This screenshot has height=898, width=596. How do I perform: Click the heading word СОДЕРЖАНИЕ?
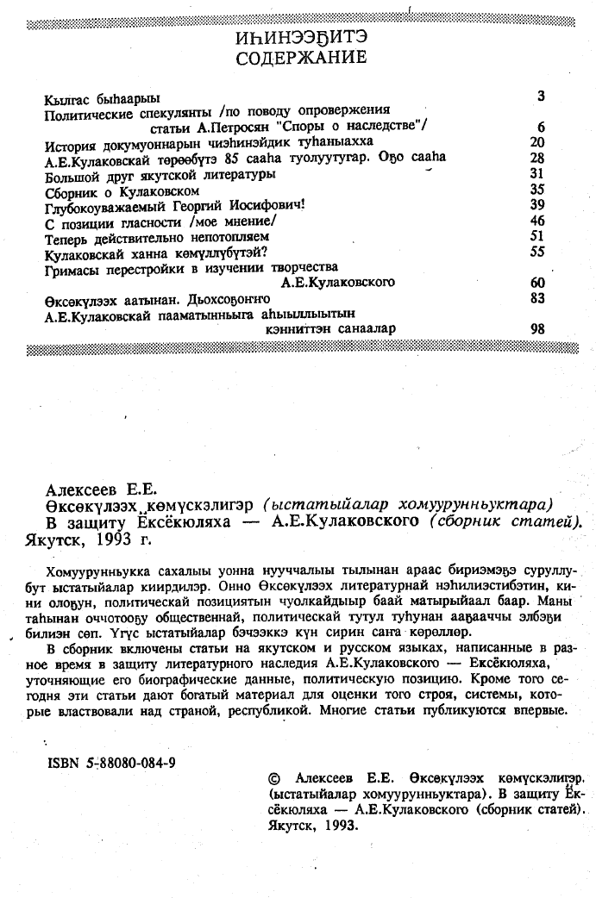point(300,59)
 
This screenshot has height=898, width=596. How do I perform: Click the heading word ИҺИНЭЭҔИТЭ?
point(300,38)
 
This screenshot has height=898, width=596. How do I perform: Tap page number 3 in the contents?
point(541,95)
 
